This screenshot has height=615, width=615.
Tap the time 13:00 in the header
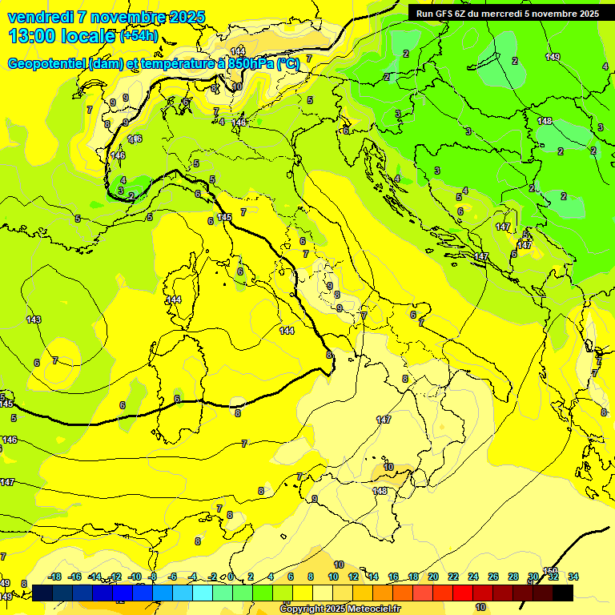[x=30, y=35]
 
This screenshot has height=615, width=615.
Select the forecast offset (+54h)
[x=139, y=36]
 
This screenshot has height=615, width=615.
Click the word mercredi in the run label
[x=523, y=14]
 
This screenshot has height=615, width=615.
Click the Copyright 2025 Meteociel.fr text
[x=339, y=609]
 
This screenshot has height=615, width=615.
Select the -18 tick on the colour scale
[x=54, y=577]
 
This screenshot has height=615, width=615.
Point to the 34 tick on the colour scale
[x=573, y=577]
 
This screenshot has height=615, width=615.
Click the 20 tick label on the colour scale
[x=432, y=577]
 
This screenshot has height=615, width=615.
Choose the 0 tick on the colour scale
[x=231, y=577]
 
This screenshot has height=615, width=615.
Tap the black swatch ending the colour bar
[x=563, y=593]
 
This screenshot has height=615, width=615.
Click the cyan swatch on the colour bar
[x=203, y=593]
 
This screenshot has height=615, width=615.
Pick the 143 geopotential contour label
[x=33, y=320]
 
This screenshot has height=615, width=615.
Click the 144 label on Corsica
[x=174, y=299]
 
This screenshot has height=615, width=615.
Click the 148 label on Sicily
[x=380, y=491]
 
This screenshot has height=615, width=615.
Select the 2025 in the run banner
[x=588, y=14]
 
